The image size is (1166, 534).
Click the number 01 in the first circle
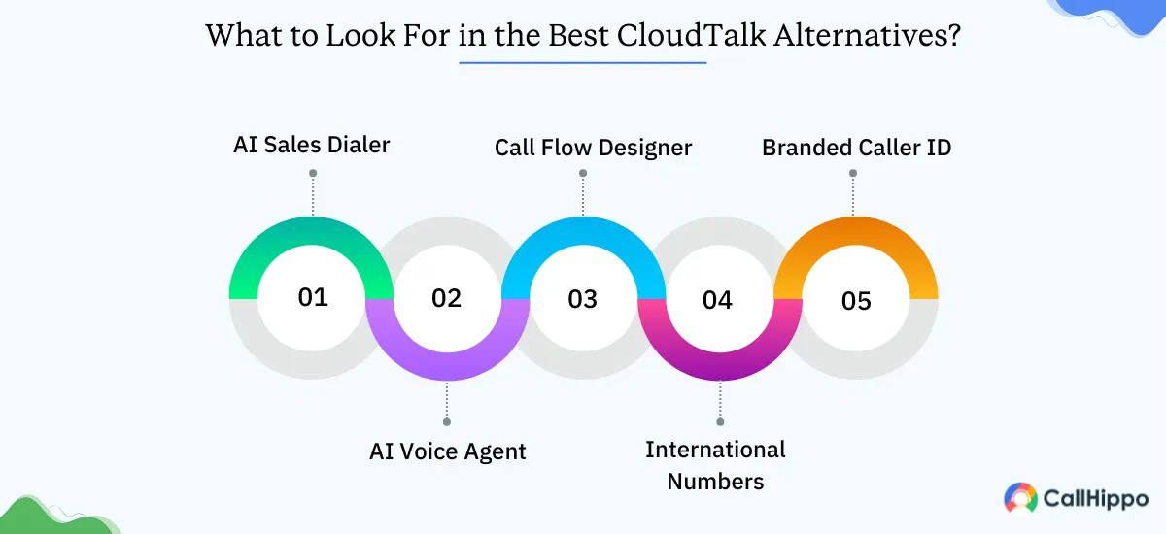tap(313, 297)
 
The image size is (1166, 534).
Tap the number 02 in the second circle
tap(447, 298)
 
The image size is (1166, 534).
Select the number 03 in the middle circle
tap(583, 299)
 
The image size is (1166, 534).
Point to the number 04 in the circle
tap(717, 300)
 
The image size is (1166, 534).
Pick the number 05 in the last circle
tap(856, 301)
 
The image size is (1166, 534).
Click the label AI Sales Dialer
tap(312, 146)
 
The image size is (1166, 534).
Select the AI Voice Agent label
tap(448, 451)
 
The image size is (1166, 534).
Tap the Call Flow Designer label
tap(593, 148)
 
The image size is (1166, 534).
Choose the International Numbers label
tap(715, 465)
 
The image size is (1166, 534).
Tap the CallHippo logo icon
tap(1020, 498)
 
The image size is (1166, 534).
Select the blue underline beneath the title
tap(583, 63)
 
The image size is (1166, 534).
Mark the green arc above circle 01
tap(312, 230)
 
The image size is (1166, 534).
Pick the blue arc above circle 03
tap(583, 230)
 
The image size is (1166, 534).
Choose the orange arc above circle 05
tap(855, 230)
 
